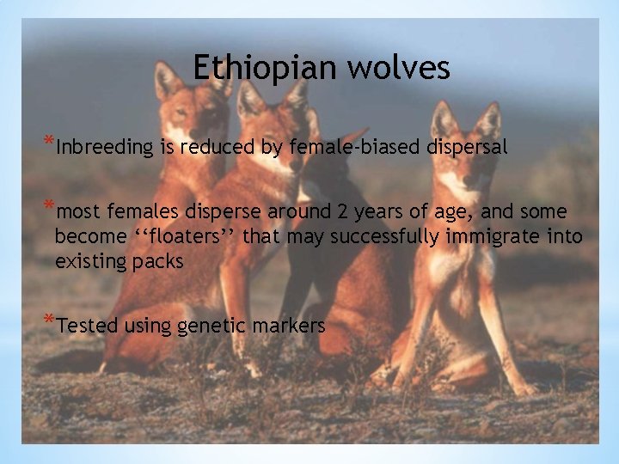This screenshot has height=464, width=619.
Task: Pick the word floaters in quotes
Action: point(194,236)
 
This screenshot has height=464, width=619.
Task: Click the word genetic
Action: point(209,326)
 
